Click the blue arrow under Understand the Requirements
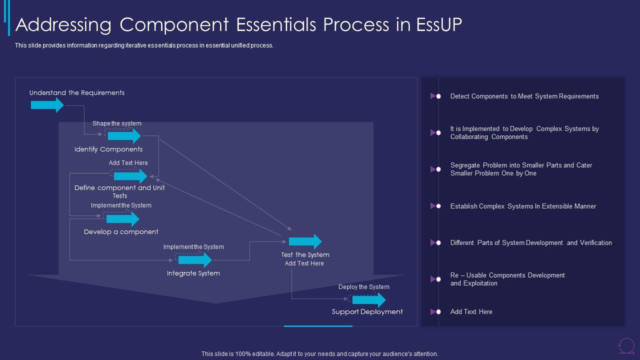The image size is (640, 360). point(47,105)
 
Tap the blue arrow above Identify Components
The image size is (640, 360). point(124,135)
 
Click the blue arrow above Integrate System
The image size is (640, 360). point(195,260)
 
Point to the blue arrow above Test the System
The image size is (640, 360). point(305,241)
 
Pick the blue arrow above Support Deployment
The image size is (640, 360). point(369,300)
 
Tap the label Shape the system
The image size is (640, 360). point(117,123)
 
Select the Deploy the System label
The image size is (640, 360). point(363,287)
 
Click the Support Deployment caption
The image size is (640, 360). point(367,311)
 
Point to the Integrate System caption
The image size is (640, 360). point(193,273)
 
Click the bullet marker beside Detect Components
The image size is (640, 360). point(435,96)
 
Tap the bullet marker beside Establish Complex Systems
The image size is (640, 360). point(435,206)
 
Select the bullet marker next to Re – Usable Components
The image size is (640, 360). point(435,279)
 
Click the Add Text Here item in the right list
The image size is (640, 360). point(471,311)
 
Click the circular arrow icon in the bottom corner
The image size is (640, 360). point(626,345)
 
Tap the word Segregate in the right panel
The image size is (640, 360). point(465,165)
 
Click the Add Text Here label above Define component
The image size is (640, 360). point(128,163)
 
